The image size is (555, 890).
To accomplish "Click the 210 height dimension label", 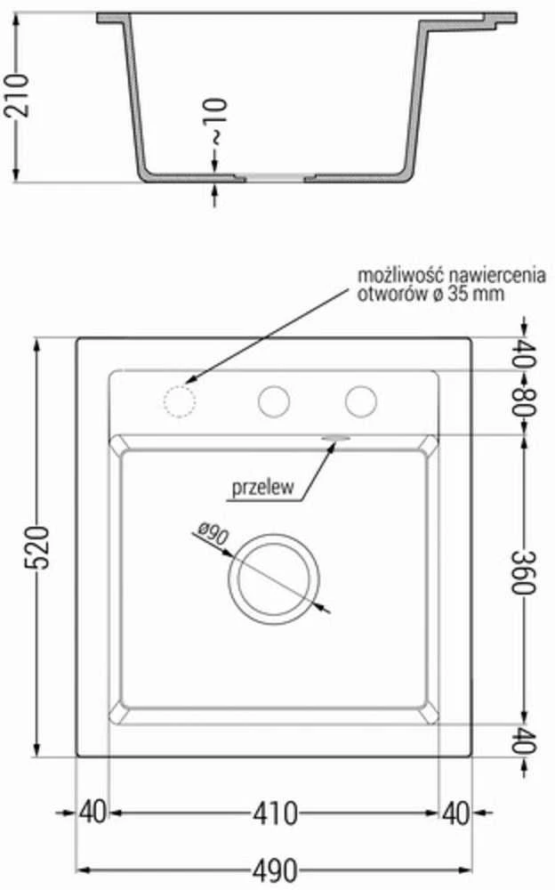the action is click(16, 95).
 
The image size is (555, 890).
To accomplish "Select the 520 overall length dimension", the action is click(36, 547).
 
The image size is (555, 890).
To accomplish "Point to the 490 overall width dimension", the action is click(275, 870).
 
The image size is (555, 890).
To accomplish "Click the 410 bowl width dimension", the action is click(275, 813).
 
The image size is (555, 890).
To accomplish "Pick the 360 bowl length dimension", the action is click(523, 572).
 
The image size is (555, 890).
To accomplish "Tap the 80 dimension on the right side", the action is click(523, 402).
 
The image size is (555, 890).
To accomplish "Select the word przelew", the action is click(262, 487).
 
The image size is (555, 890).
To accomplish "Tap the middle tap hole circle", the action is click(274, 402).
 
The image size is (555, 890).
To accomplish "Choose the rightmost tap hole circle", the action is click(361, 402).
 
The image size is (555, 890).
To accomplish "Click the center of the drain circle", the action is click(274, 579).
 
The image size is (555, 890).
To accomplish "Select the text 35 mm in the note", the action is click(476, 294).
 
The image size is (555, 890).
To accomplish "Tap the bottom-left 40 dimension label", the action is click(92, 813).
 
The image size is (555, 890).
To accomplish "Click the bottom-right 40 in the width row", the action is click(456, 813).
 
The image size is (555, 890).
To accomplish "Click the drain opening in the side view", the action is click(275, 178).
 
